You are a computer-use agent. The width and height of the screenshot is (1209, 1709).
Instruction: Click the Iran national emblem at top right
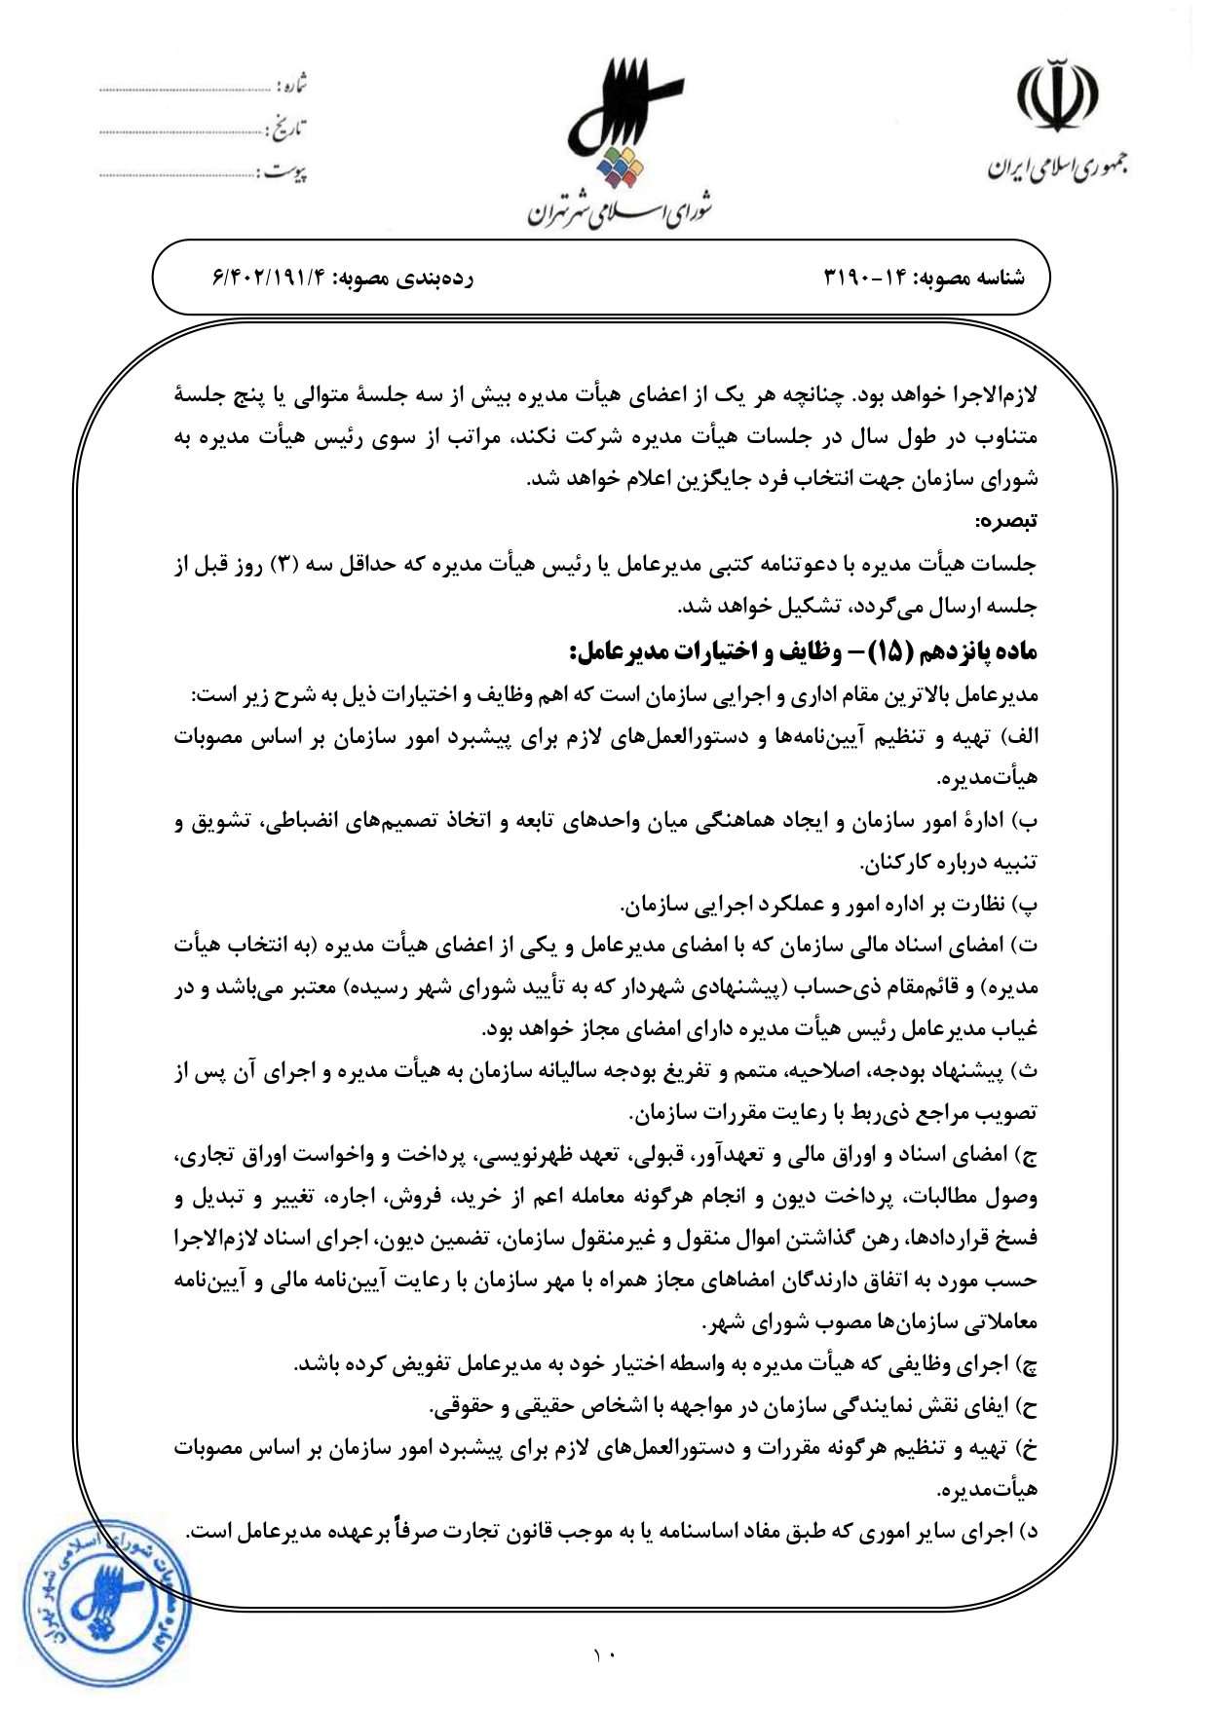(x=1057, y=97)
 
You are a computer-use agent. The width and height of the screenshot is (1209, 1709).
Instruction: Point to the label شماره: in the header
(x=290, y=86)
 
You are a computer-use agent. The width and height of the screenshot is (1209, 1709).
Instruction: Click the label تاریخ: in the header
(x=287, y=129)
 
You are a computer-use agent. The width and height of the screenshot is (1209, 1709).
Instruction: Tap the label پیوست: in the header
(x=283, y=172)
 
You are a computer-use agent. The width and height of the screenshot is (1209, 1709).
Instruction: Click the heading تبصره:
(x=1008, y=521)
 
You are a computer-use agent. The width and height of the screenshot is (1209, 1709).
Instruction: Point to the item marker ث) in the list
(x=1027, y=1072)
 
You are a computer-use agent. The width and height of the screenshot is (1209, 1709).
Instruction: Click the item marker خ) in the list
(x=1027, y=1449)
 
